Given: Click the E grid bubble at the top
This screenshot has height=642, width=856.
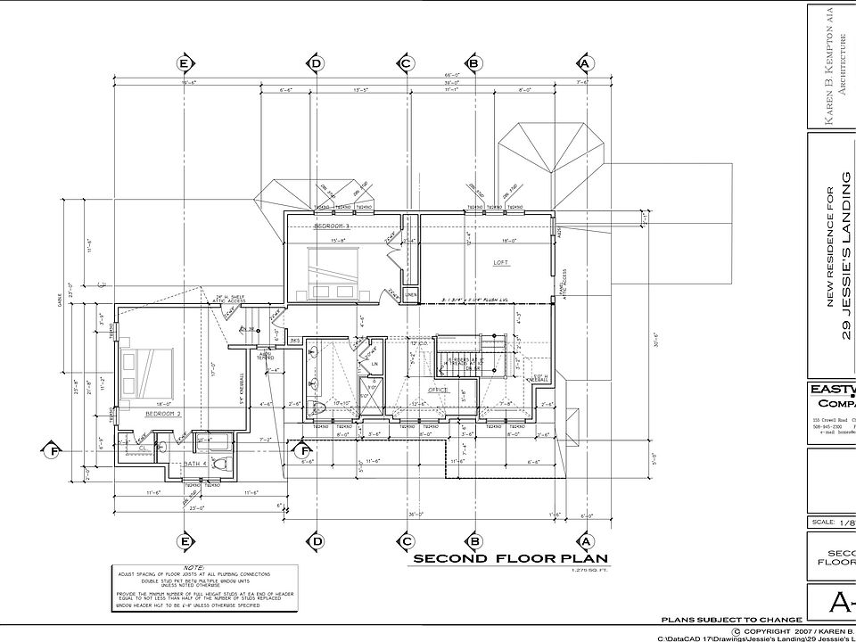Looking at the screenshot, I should (x=185, y=63).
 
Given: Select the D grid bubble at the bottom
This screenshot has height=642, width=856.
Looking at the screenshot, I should (x=317, y=541).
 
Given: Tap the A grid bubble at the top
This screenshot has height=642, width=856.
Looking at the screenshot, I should (x=585, y=63).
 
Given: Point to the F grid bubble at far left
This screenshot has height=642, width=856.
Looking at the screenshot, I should (x=54, y=451).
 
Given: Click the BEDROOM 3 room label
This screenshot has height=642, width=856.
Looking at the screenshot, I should (x=331, y=227).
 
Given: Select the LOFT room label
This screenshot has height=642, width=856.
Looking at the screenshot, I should (x=501, y=263).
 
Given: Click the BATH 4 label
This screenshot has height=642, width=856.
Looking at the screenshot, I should (x=195, y=464).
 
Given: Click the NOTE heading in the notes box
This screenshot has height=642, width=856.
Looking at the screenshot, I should (x=193, y=567).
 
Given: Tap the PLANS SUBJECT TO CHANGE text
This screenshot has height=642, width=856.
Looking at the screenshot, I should (x=731, y=619).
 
